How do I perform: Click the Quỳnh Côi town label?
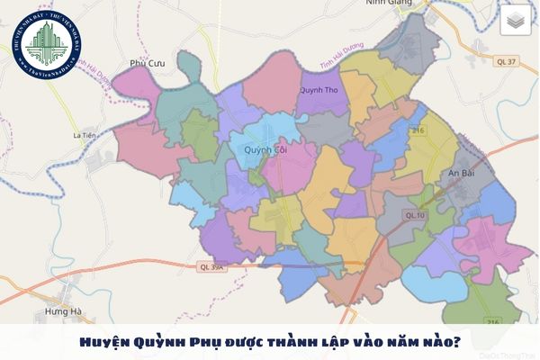[263, 150]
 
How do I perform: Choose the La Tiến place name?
[84, 136]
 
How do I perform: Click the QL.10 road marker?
[414, 215]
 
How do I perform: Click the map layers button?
[516, 20]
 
